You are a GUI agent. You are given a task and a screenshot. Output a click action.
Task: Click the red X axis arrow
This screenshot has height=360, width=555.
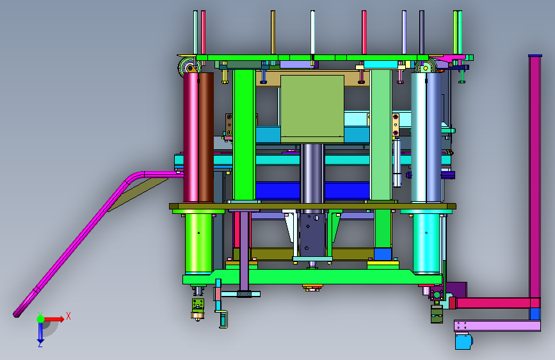pos(53,319)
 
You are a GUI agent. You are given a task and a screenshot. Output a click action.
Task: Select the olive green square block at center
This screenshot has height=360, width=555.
pos(312,109)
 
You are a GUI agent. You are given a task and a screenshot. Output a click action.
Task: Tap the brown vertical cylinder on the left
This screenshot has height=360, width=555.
pos(206,138)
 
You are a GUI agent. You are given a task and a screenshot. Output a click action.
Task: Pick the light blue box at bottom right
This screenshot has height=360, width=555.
pos(463,341)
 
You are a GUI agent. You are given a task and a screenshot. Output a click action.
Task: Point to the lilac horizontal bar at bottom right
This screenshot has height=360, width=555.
pos(497,325)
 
